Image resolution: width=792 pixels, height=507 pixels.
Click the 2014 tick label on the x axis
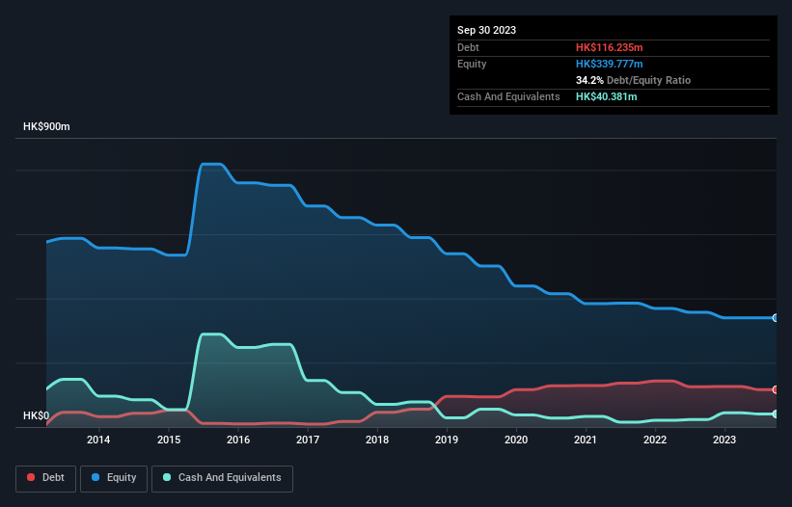coord(97,440)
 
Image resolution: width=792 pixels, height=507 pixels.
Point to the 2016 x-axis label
coord(238,440)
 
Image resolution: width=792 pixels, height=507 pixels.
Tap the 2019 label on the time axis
coord(447,440)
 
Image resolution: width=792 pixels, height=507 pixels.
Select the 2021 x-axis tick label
coord(586,440)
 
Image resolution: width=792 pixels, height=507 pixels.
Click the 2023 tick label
coord(724,440)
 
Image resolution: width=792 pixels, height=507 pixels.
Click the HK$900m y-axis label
coord(46,127)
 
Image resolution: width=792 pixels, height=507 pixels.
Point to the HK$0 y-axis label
coord(36,416)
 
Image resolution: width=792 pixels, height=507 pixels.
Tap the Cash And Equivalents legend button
coord(222,478)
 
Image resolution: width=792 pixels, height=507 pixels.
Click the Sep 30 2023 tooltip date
coord(486,30)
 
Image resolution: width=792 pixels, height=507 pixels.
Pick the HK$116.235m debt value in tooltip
coord(609,47)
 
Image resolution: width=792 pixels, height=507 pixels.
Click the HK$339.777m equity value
coord(609,64)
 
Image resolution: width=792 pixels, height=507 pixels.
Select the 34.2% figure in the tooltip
coord(589,80)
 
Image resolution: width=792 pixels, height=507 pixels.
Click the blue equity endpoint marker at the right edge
coord(775,318)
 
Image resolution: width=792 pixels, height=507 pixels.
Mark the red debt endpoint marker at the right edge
coord(775,389)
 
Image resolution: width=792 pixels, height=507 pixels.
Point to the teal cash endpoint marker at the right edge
coord(775,414)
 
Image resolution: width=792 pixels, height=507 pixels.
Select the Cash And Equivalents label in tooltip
coord(508,96)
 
